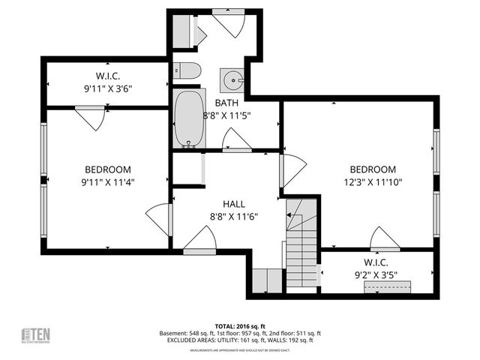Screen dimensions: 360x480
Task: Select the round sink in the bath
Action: click(x=232, y=79)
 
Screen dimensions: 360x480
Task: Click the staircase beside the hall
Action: click(x=301, y=240)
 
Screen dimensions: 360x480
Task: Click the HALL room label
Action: click(x=233, y=203)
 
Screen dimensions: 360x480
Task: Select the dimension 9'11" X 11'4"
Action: click(x=108, y=181)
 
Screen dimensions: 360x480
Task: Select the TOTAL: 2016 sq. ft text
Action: click(x=240, y=326)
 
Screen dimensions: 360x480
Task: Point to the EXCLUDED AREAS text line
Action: click(x=240, y=340)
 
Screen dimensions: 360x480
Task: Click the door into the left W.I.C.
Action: click(x=90, y=117)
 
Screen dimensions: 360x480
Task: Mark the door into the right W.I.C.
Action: click(x=385, y=238)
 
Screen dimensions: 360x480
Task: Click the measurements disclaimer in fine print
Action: click(x=240, y=350)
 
